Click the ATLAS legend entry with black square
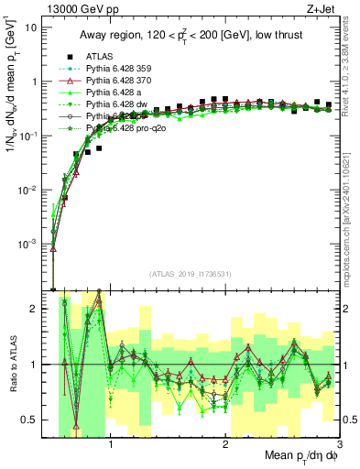(101, 56)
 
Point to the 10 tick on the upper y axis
(31, 27)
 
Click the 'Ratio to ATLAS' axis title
(11, 365)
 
